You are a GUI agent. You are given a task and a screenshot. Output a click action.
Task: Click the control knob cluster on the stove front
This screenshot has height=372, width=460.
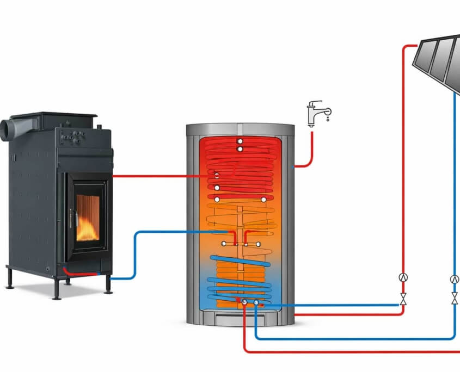point(72,137)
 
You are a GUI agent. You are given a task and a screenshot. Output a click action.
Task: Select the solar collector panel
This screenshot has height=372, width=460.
point(438,60)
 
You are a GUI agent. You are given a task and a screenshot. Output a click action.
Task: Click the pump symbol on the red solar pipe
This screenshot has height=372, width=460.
point(403,277)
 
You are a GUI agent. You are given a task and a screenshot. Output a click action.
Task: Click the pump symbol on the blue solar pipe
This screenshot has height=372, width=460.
point(455,279)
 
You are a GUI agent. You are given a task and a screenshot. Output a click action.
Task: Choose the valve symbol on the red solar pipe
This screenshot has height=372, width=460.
point(403,299)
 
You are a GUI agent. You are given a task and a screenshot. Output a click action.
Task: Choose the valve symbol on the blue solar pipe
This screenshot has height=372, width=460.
point(455,299)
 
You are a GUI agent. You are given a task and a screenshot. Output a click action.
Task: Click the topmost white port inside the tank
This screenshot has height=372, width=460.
point(240,141)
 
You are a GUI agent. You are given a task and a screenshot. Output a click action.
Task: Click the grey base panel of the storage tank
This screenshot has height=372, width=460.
point(240,317)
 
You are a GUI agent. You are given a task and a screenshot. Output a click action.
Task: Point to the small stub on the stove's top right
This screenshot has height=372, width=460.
point(99,127)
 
